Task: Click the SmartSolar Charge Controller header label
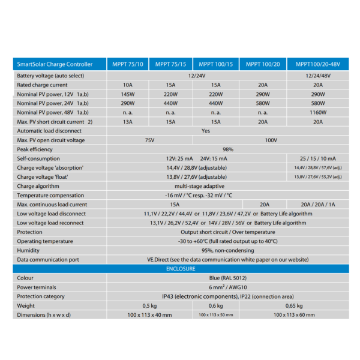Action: (x=55, y=64)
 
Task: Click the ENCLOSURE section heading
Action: (x=181, y=269)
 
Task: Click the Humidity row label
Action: (x=29, y=250)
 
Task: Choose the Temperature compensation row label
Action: (x=50, y=196)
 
